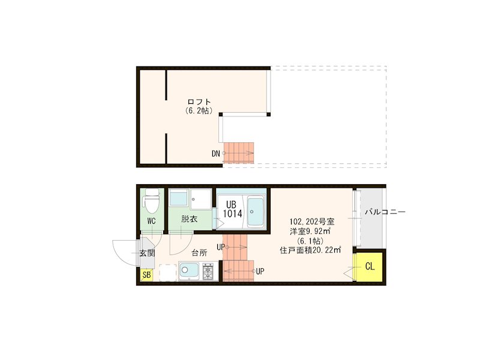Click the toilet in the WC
pyautogui.click(x=151, y=201)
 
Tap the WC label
pyautogui.click(x=151, y=221)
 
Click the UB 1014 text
pyautogui.click(x=232, y=208)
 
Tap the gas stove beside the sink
pyautogui.click(x=208, y=272)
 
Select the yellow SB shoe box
pyautogui.click(x=146, y=275)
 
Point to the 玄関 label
pyautogui.click(x=147, y=253)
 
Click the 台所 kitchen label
pyautogui.click(x=199, y=253)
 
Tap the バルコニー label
pyautogui.click(x=385, y=212)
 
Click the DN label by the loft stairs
pyautogui.click(x=215, y=154)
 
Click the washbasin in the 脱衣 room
pyautogui.click(x=178, y=199)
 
